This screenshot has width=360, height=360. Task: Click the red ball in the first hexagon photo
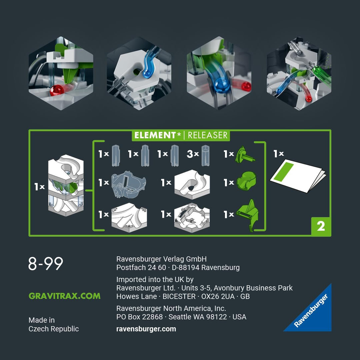click(57, 90)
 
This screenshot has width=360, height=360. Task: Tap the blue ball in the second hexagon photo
click(147, 73)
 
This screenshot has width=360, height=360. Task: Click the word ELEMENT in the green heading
click(155, 135)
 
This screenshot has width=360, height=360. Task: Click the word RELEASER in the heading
click(208, 135)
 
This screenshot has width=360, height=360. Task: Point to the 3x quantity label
click(193, 154)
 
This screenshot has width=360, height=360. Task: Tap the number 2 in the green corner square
click(321, 226)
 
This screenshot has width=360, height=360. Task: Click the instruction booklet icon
click(298, 176)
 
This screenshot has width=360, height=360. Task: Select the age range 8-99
click(45, 263)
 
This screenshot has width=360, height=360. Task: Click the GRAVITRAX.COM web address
click(65, 296)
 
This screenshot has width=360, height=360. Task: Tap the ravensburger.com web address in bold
click(146, 329)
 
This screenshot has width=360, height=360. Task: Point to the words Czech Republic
click(53, 329)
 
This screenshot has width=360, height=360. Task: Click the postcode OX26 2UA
click(218, 296)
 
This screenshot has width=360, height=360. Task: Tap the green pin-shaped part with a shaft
click(245, 155)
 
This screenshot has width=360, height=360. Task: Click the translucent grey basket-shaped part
click(128, 184)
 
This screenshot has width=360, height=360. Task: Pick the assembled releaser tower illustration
click(66, 185)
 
